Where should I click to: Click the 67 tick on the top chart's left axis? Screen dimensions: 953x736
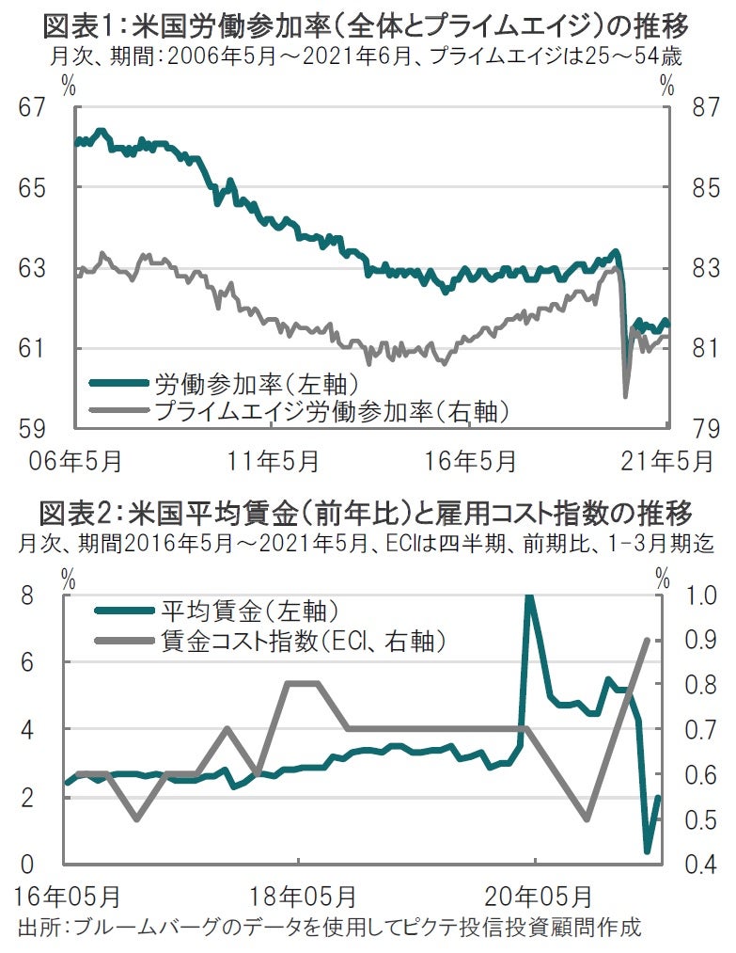35,108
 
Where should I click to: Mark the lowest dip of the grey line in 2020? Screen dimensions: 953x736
626,396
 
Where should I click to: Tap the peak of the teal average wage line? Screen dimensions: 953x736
529,596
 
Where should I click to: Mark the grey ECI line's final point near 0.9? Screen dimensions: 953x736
647,640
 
